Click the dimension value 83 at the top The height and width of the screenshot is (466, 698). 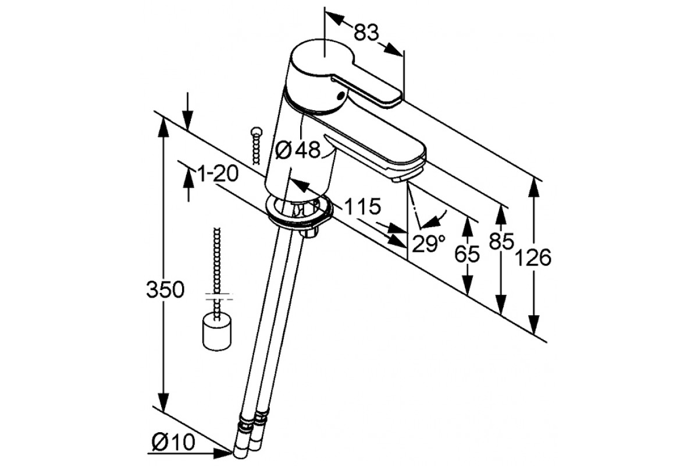pos(366,33)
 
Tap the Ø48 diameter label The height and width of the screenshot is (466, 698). pos(298,150)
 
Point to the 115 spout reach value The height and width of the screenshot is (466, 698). pos(363,206)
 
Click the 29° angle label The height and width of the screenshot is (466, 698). pos(429,243)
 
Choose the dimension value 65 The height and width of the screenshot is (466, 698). pos(466,254)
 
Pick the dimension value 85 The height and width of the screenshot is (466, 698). pos(501,241)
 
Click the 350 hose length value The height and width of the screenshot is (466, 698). pos(165,290)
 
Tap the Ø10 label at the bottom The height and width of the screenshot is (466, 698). pos(173,442)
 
